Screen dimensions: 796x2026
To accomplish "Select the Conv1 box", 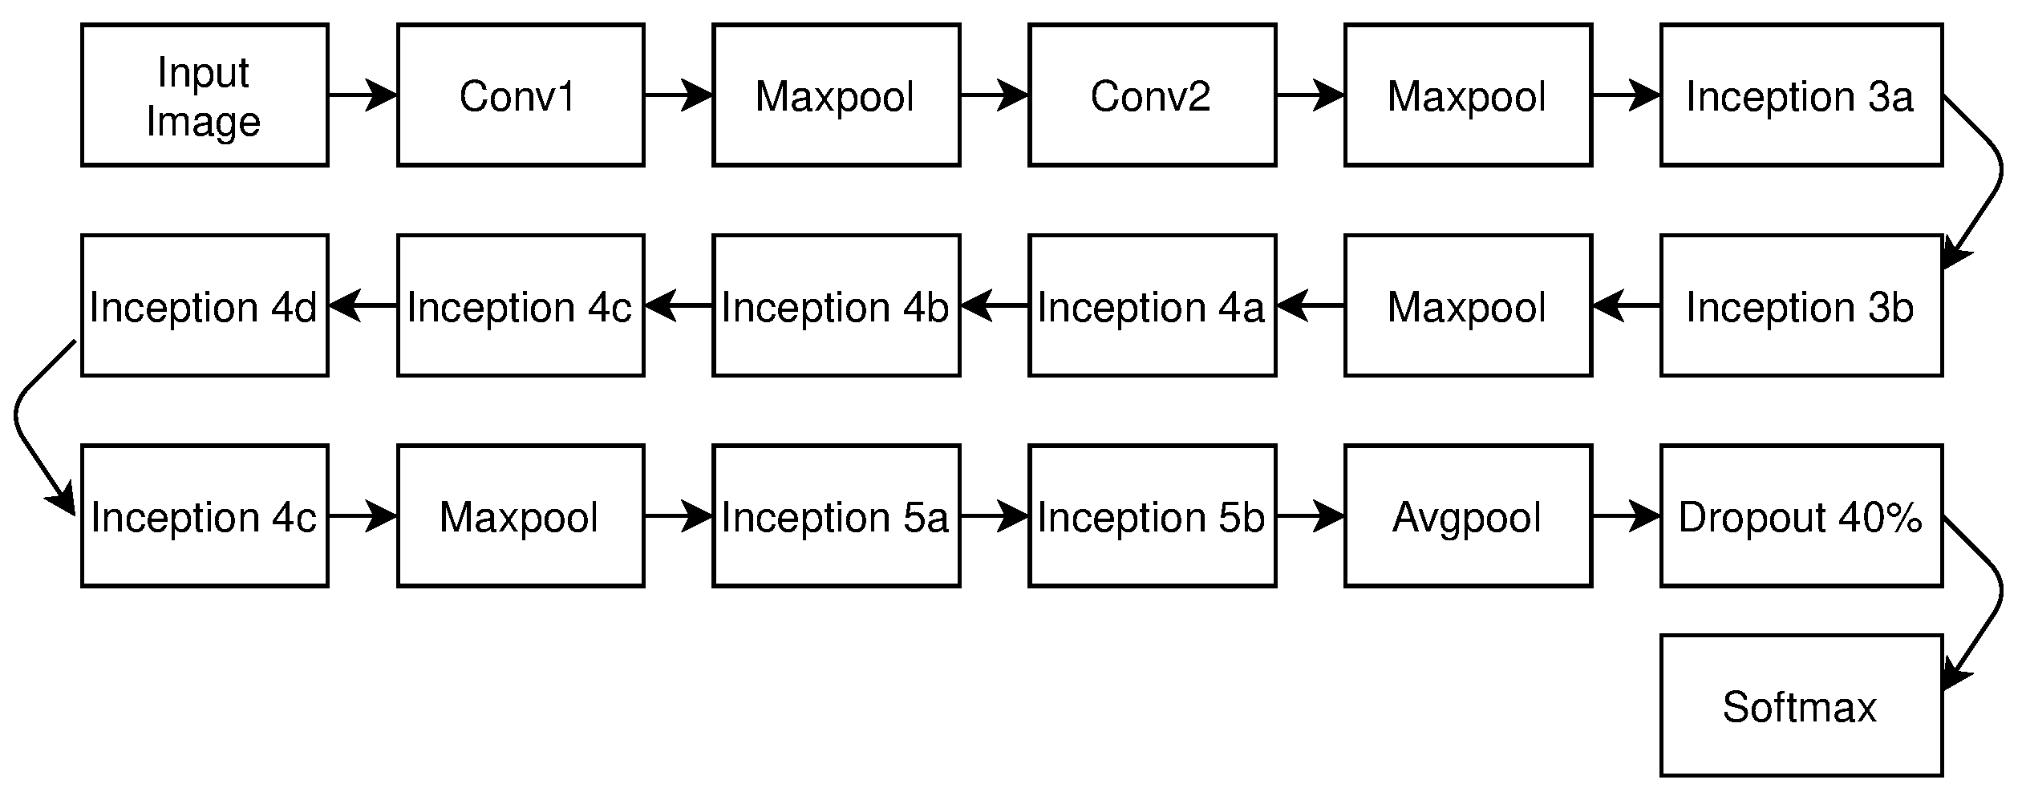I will pos(521,95).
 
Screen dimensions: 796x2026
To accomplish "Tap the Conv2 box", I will pos(1152,95).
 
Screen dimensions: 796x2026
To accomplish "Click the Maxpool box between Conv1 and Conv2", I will pos(836,95).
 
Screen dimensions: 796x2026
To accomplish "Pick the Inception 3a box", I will pos(1801,95).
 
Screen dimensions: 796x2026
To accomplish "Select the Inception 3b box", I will pos(1801,305).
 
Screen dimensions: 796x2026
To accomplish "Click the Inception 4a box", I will pos(1152,305).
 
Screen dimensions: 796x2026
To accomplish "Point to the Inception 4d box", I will pos(205,305).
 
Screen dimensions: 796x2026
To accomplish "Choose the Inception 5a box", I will pos(836,516).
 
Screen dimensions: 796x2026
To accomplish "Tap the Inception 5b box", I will pos(1152,516).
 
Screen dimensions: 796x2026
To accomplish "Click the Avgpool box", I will pos(1468,516).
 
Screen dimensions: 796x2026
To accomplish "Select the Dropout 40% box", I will pos(1801,516).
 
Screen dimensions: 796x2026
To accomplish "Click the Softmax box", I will pos(1801,706).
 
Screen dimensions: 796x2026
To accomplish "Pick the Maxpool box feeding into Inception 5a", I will pos(521,516).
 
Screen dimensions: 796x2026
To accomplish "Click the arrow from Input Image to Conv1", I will pos(362,95).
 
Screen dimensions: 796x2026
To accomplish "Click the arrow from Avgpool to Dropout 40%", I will pos(1625,516).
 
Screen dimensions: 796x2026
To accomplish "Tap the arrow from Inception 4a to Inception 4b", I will pos(995,305).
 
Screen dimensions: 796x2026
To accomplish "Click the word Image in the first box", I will pos(204,123).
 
